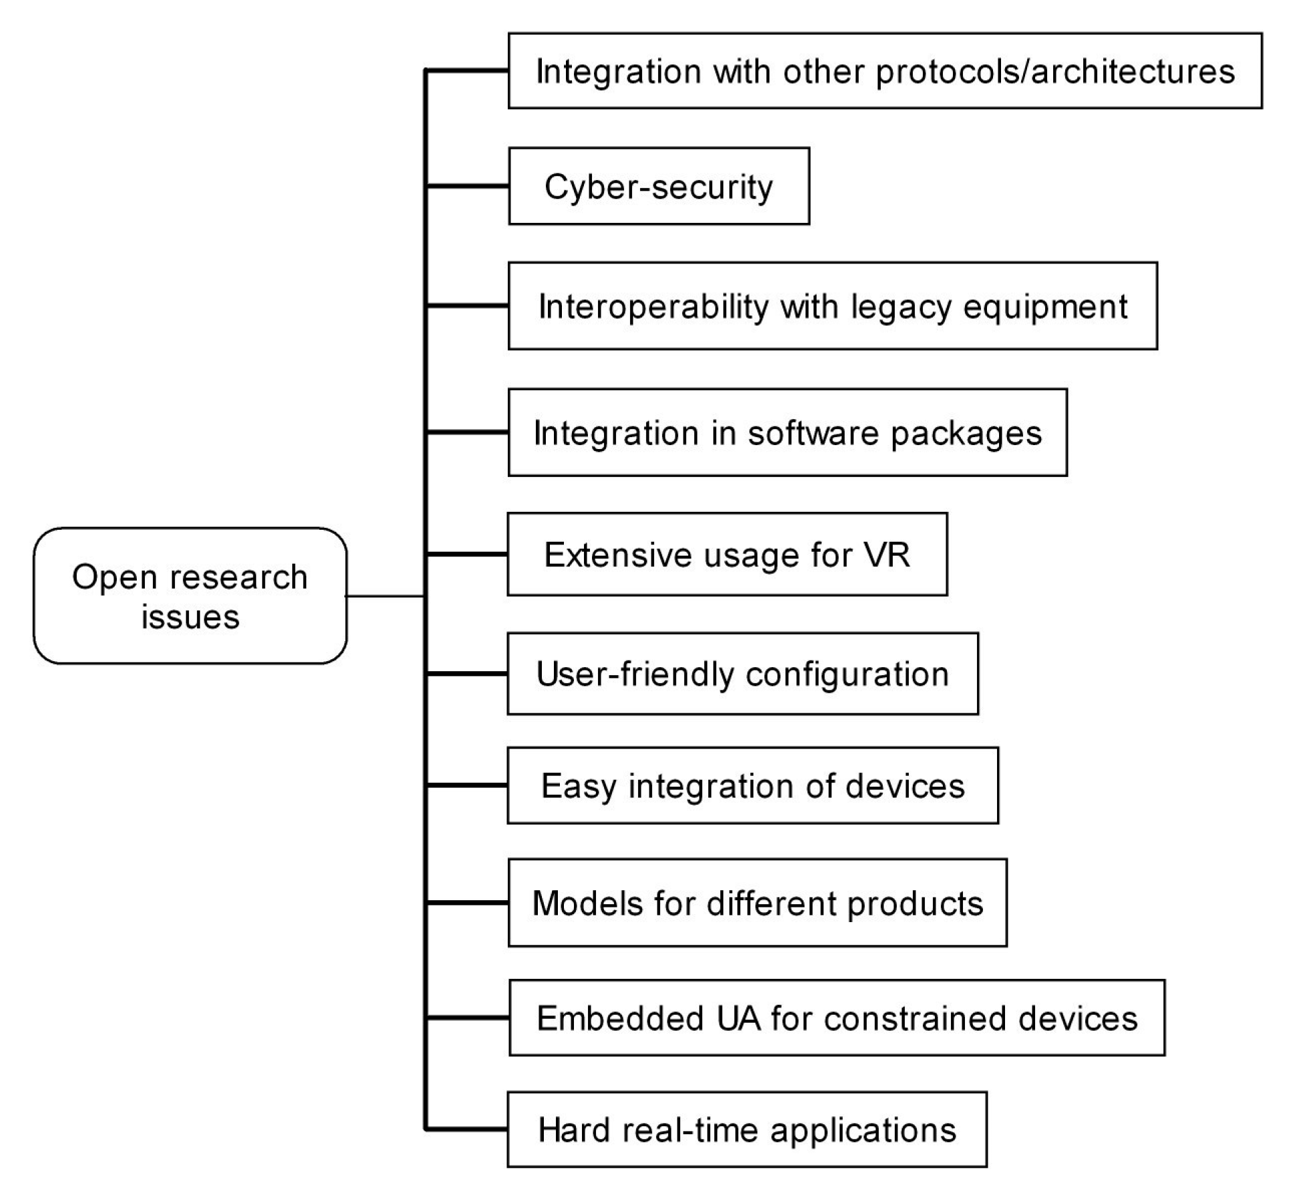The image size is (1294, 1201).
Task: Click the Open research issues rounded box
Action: pyautogui.click(x=190, y=596)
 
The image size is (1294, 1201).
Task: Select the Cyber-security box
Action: pyautogui.click(x=658, y=186)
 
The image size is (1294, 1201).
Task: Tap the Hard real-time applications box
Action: pyautogui.click(x=746, y=1130)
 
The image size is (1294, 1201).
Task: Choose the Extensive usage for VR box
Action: pyautogui.click(x=726, y=554)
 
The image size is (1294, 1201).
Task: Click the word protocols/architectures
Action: pyautogui.click(x=1054, y=72)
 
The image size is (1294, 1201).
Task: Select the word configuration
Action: pyautogui.click(x=847, y=675)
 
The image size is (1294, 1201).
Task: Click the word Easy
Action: pyautogui.click(x=578, y=787)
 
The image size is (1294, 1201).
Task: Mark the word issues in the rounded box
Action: pyautogui.click(x=190, y=617)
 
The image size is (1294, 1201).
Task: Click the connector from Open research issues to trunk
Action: pyautogui.click(x=385, y=596)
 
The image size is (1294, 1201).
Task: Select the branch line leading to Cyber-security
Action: pyautogui.click(x=467, y=186)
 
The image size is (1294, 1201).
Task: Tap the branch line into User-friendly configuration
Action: pyautogui.click(x=467, y=674)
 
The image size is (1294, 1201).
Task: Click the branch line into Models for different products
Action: pyautogui.click(x=467, y=903)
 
